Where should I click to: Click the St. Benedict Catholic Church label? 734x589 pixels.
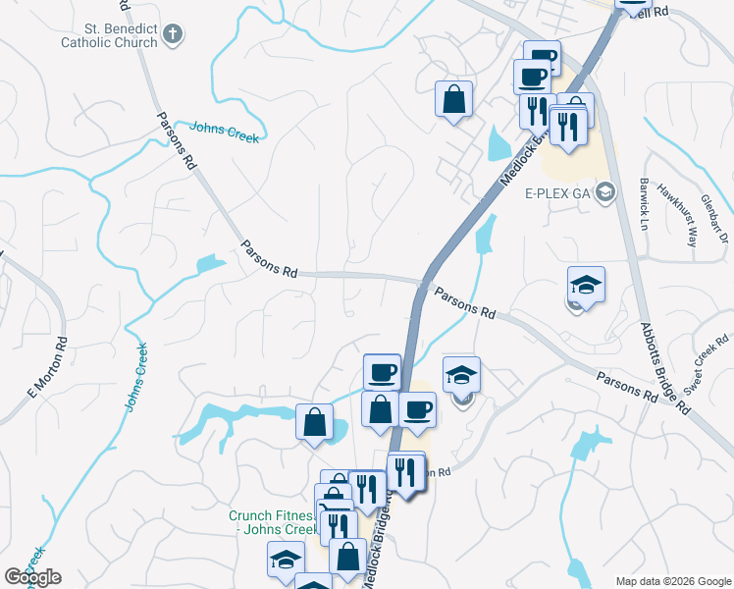point(108,35)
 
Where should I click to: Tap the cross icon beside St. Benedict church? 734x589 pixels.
point(173,35)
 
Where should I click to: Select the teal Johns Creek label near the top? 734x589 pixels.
point(224,132)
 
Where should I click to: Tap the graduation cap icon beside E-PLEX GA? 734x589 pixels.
point(604,191)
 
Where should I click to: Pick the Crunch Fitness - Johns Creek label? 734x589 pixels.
point(272,521)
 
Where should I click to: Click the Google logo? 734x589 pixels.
point(32,577)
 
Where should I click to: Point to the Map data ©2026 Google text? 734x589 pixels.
point(672,581)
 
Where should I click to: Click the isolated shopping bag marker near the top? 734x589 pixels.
point(454,100)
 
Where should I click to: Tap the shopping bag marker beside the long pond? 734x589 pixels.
point(314,424)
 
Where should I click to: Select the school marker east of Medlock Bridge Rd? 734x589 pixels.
point(461,376)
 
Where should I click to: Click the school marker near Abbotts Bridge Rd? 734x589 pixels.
point(586,286)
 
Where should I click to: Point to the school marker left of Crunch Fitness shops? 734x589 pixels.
point(286,561)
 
